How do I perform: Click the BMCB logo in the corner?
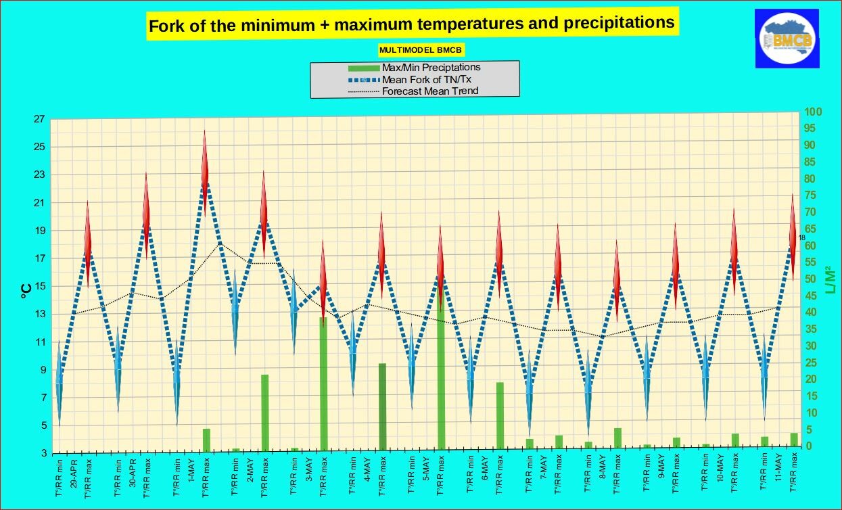(x=787, y=39)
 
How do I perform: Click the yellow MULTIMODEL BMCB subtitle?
(x=421, y=50)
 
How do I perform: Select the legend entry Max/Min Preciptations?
(x=431, y=67)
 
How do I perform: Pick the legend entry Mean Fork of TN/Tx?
(x=426, y=79)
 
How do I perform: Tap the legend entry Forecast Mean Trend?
(x=429, y=91)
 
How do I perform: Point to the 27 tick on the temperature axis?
(x=39, y=119)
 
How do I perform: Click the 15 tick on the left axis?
(x=39, y=286)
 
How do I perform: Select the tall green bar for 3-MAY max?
(x=323, y=383)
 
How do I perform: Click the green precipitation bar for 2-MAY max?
(x=264, y=412)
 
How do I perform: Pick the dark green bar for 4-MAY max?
(x=382, y=406)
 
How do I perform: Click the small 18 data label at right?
(x=801, y=237)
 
